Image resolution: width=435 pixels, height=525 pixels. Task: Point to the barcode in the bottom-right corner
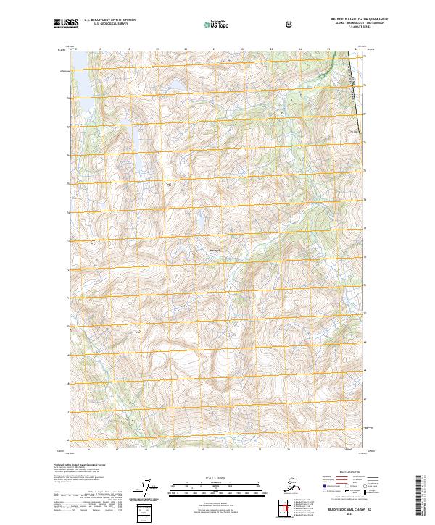[x=424, y=492]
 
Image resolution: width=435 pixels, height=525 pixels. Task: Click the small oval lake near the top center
[x=175, y=91]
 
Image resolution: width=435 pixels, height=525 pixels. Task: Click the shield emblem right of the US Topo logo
[x=290, y=24]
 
